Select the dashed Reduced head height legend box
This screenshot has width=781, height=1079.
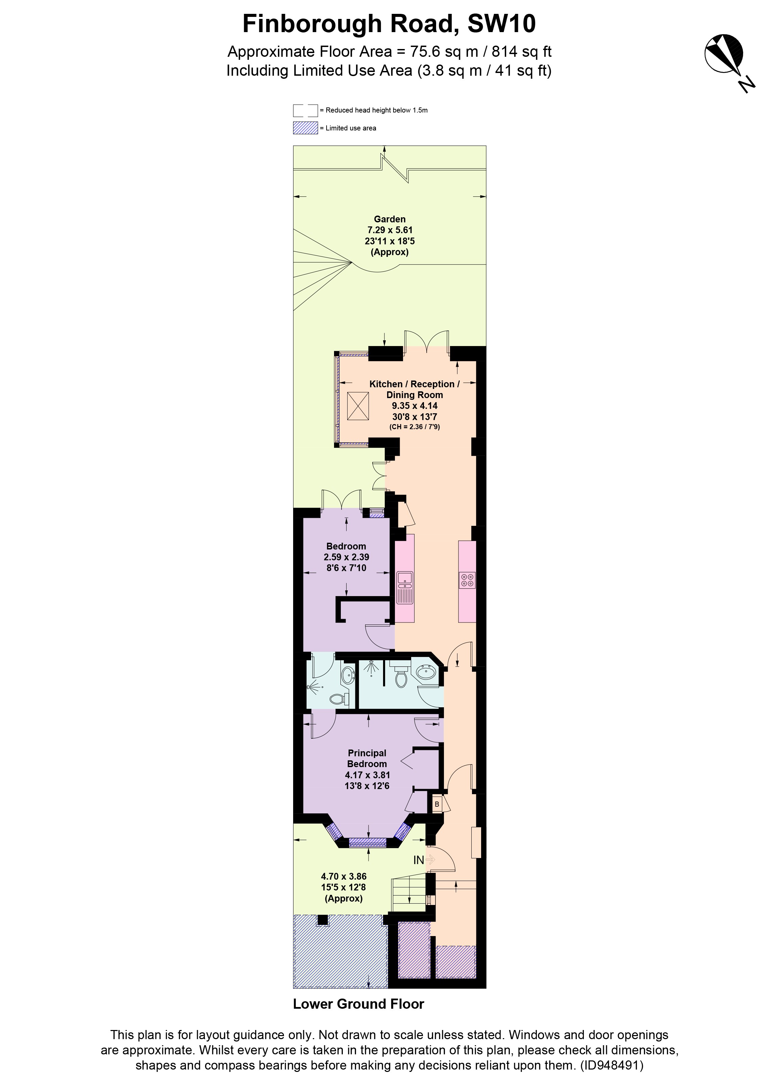pos(305,110)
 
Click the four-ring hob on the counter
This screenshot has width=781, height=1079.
pos(467,580)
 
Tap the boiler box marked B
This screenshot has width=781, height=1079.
pos(437,805)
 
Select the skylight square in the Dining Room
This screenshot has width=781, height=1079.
pos(358,406)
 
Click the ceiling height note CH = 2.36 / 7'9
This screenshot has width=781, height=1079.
pos(415,427)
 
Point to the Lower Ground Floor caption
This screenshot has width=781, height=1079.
pos(358,1004)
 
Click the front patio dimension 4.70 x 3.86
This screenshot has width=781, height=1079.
pos(344,876)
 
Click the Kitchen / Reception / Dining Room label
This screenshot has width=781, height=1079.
pos(414,389)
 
